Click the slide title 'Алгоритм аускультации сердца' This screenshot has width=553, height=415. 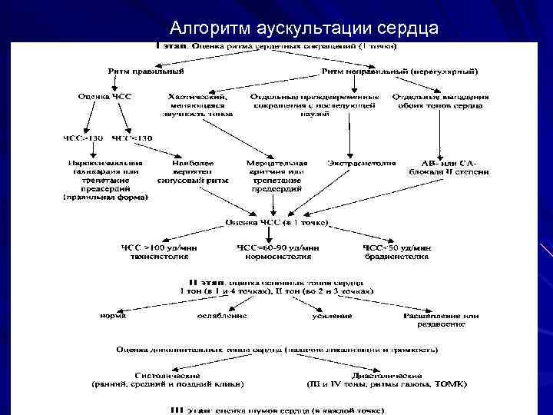tap(304, 28)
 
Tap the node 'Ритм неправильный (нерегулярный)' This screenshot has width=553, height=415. tap(399, 72)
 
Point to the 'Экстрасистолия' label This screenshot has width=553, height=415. tap(361, 164)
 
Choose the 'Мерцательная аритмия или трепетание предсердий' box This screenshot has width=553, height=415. tap(276, 176)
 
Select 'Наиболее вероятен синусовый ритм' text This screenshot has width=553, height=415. tap(188, 173)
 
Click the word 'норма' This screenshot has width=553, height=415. tap(113, 316)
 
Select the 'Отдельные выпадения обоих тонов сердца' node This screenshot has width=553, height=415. tap(440, 101)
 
